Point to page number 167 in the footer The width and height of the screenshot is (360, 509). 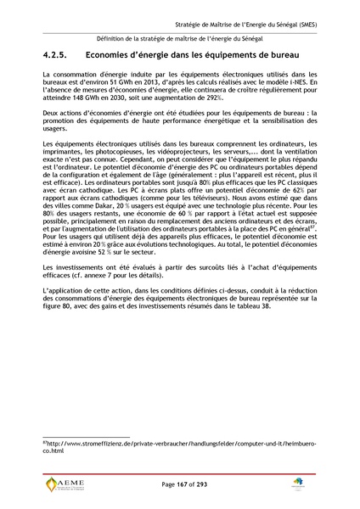click(177, 484)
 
